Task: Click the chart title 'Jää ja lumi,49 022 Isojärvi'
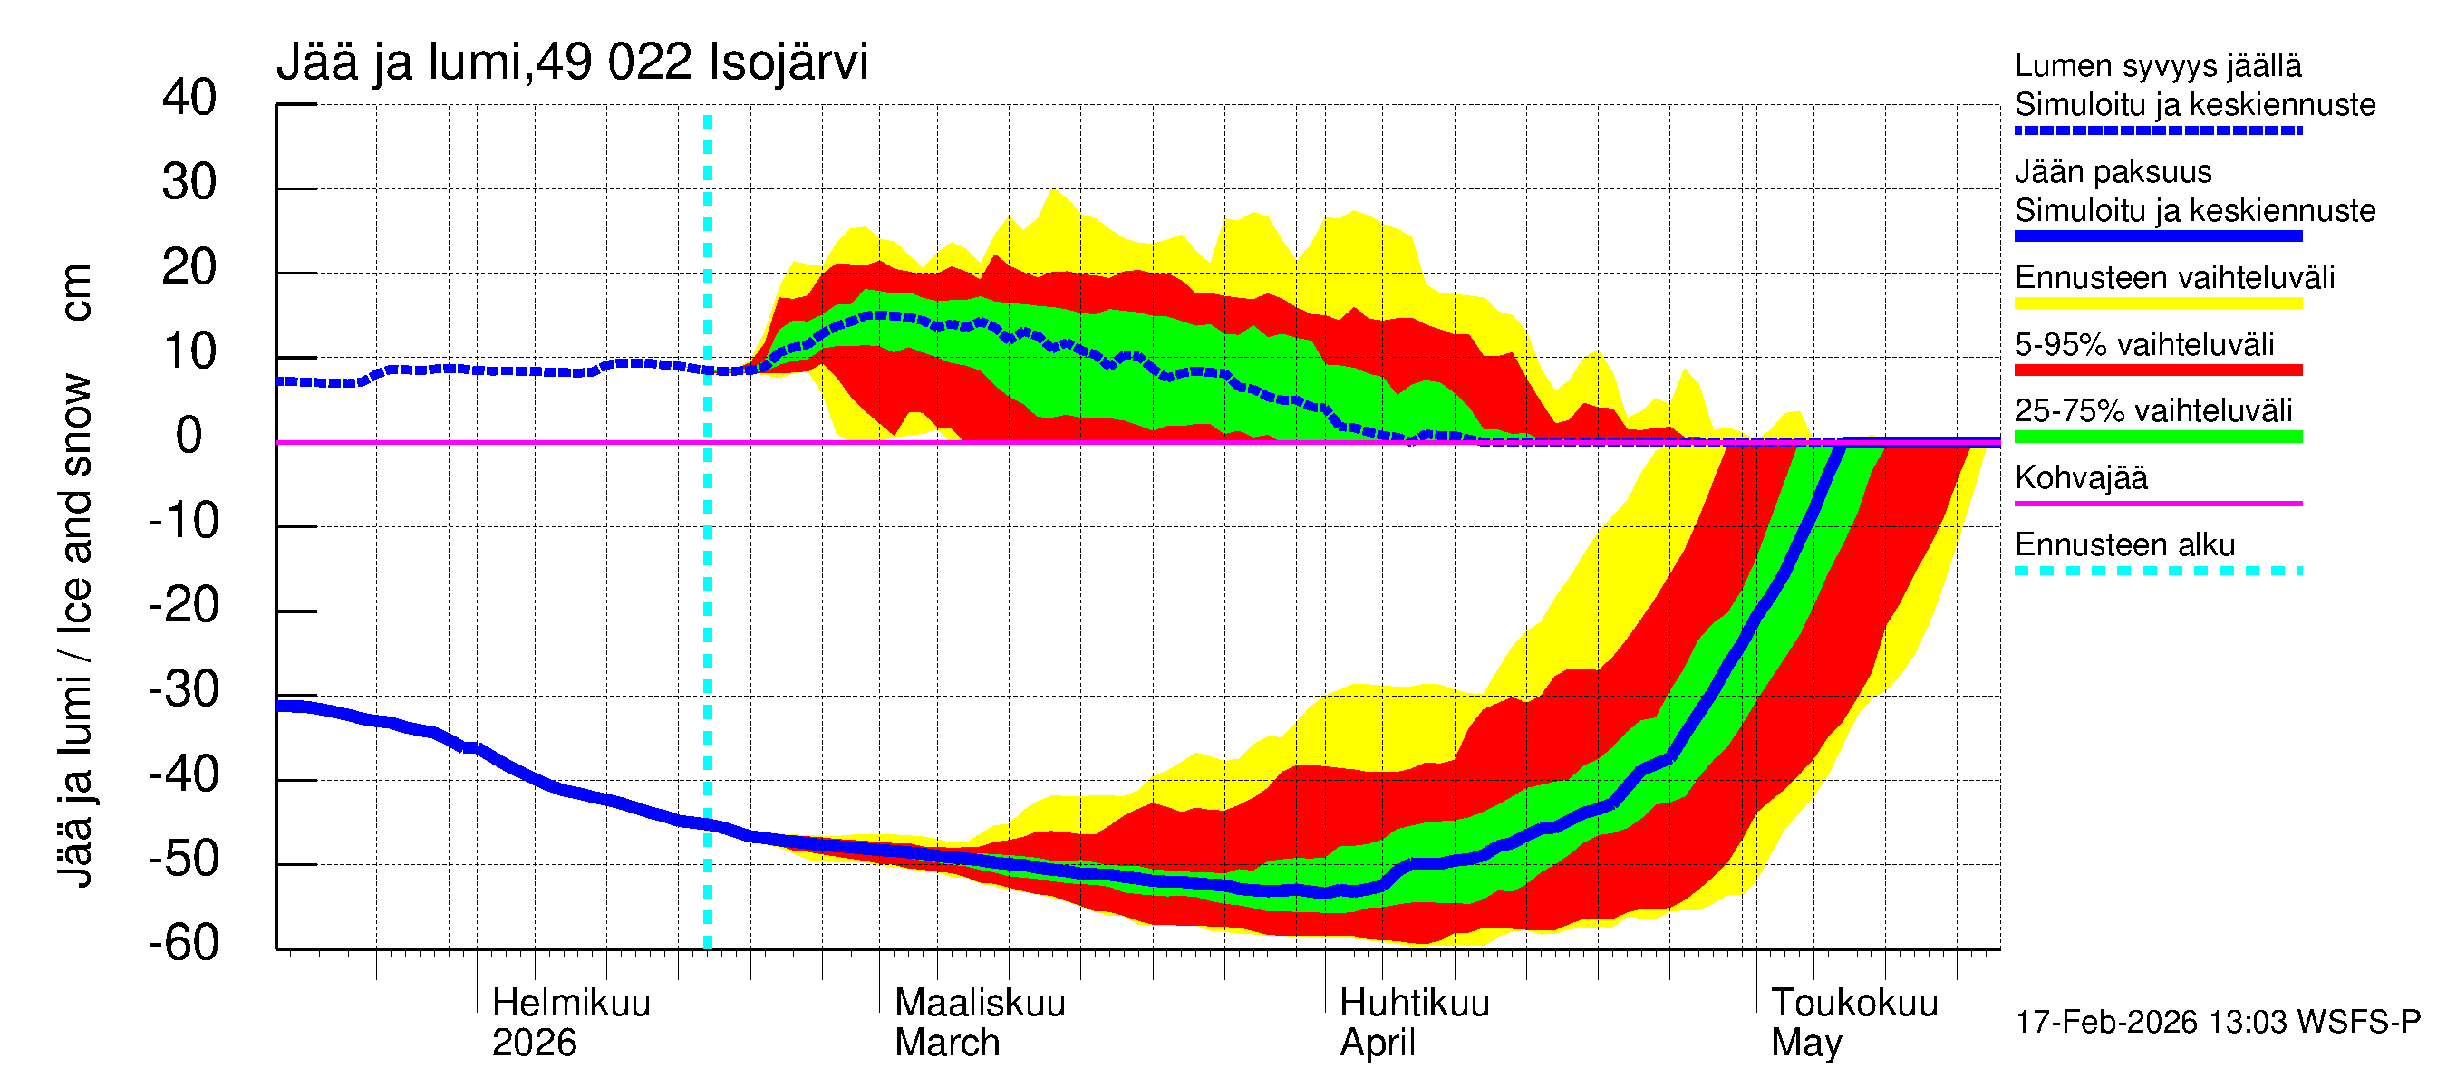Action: click(x=572, y=63)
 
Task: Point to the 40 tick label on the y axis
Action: click(x=189, y=98)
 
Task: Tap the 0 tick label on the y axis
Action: click(x=189, y=436)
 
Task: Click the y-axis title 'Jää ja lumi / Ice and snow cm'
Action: click(x=75, y=574)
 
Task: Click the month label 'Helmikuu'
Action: click(x=571, y=1003)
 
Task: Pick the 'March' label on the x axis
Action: click(x=947, y=1043)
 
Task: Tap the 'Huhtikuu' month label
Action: click(x=1414, y=1003)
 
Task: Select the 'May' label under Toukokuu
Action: click(x=1806, y=1043)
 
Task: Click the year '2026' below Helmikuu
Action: click(x=534, y=1043)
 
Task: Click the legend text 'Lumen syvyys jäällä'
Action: click(x=2157, y=65)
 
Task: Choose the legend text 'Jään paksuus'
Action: click(x=2113, y=172)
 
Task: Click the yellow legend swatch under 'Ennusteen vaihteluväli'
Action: click(x=2157, y=303)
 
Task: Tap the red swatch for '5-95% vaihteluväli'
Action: click(x=2157, y=370)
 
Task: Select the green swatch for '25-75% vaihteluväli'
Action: click(x=2157, y=437)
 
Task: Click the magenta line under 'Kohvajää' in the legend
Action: click(x=2157, y=503)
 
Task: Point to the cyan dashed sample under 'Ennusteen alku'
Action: click(x=2157, y=571)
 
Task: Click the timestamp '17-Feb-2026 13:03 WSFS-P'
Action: click(x=2217, y=1022)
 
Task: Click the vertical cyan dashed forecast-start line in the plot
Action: click(x=708, y=570)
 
